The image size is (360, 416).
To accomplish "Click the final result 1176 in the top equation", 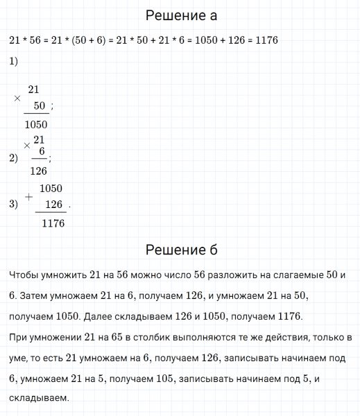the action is pyautogui.click(x=266, y=41).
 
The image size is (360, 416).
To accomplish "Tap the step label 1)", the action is pyautogui.click(x=14, y=62).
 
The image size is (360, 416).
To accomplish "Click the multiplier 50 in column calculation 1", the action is pyautogui.click(x=39, y=106).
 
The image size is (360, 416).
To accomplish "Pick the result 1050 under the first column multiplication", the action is pyautogui.click(x=35, y=125).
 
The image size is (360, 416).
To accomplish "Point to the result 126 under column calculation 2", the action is pyautogui.click(x=39, y=171).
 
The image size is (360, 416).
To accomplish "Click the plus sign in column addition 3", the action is pyautogui.click(x=28, y=197).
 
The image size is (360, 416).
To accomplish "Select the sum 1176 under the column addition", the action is pyautogui.click(x=53, y=223).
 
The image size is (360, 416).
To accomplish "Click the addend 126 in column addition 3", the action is pyautogui.click(x=53, y=205).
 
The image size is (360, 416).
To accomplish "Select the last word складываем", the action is pyautogui.click(x=39, y=399).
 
